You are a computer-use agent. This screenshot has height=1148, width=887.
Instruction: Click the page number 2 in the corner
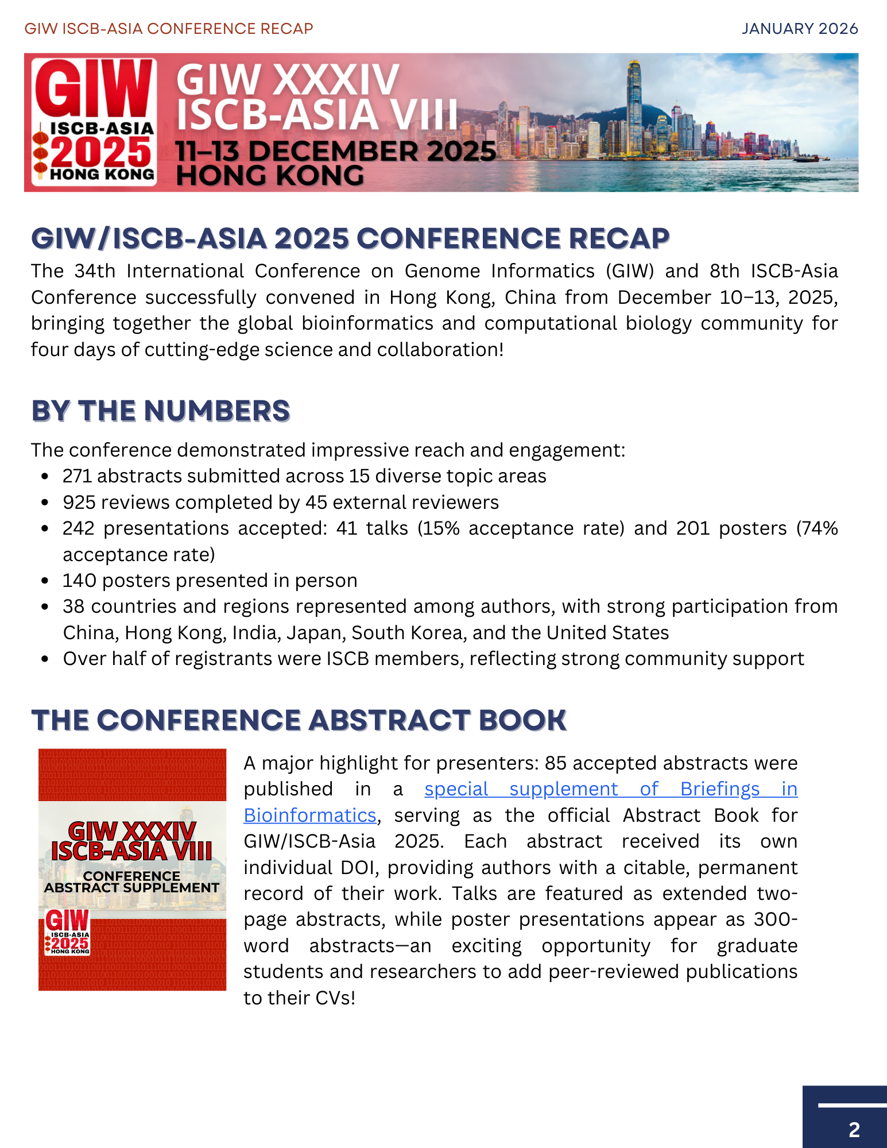point(854,1130)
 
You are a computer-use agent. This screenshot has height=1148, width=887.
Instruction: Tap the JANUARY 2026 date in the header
point(800,29)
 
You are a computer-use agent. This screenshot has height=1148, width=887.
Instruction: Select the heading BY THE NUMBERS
point(161,411)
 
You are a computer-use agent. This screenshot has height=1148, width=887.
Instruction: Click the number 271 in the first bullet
point(77,476)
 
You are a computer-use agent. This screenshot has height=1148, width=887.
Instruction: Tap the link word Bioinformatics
point(310,815)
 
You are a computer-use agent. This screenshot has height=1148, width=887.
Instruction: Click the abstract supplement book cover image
point(132,869)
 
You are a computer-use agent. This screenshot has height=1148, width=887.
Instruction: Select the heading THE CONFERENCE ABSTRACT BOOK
point(299,720)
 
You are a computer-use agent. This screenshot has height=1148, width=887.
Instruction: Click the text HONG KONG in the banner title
point(270,176)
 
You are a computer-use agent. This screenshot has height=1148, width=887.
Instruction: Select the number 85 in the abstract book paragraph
point(556,763)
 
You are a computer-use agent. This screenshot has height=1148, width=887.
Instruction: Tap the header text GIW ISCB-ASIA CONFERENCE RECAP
point(169,29)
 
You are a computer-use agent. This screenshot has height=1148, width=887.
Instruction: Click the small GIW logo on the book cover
point(67,931)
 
